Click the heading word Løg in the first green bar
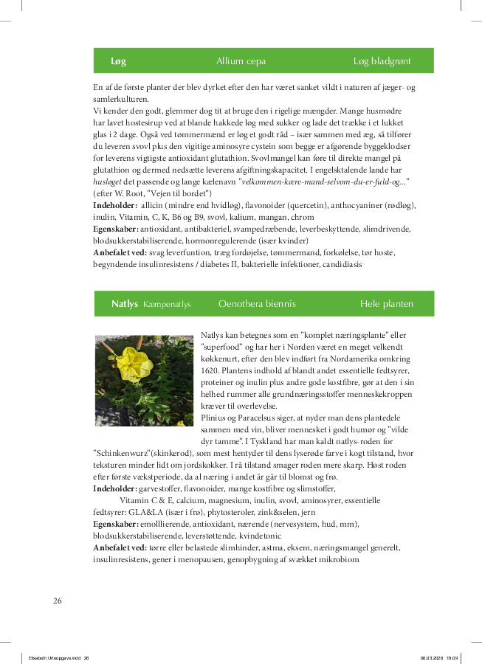point(118,61)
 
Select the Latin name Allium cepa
point(241,61)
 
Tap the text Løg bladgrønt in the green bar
point(382,61)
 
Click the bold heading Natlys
point(125,304)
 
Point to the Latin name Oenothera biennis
point(257,304)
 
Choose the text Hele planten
point(386,304)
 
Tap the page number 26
point(58,601)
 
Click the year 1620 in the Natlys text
point(210,370)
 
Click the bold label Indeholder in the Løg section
point(114,205)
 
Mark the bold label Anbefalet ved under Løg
point(120,252)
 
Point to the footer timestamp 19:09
point(452,658)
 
